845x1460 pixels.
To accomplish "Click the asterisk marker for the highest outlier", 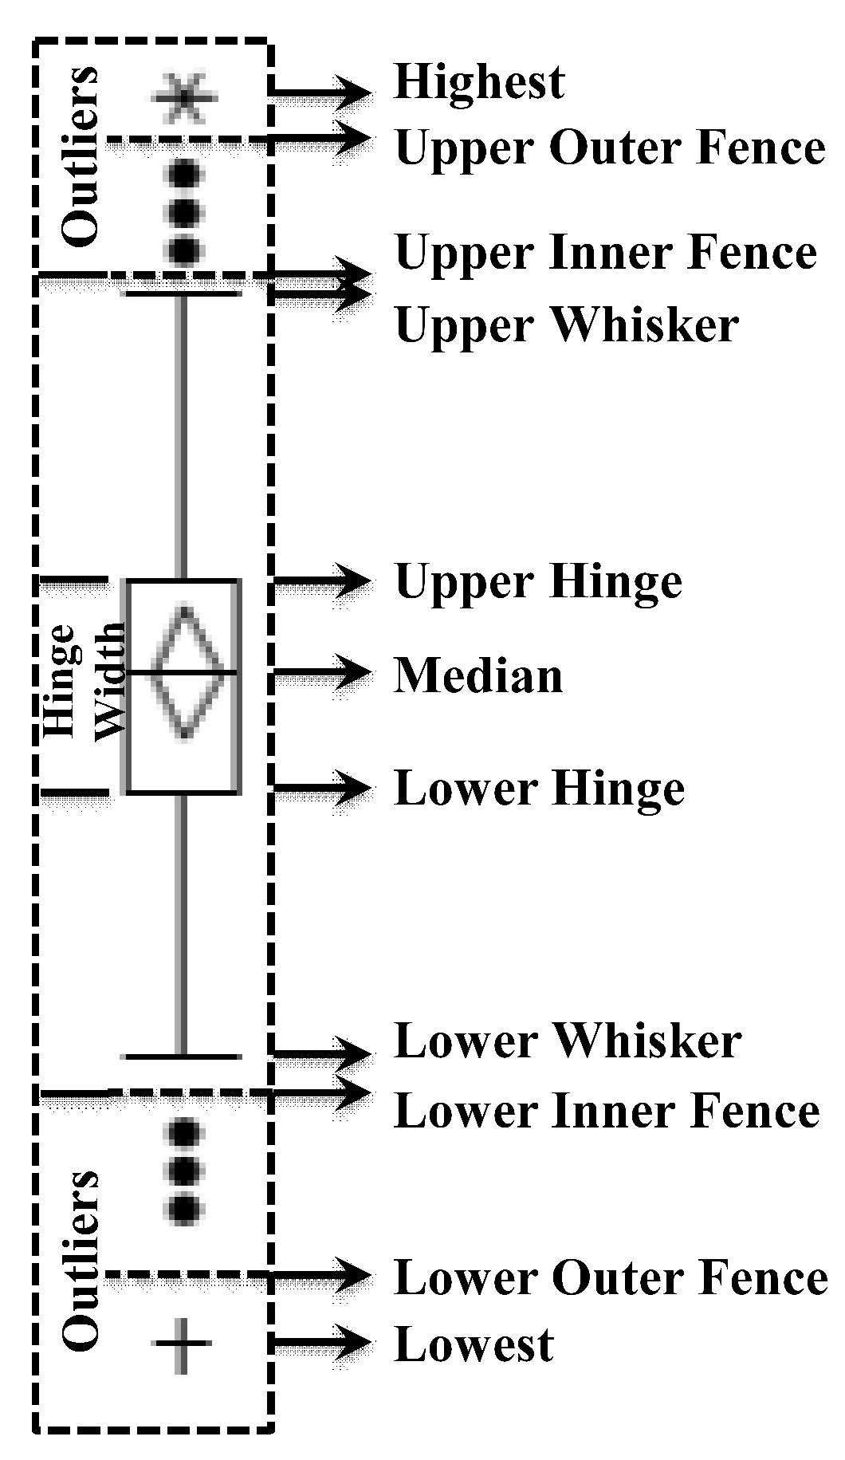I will tap(184, 98).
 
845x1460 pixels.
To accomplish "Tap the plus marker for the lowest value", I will tap(183, 1344).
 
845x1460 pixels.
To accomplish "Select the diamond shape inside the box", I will tap(185, 673).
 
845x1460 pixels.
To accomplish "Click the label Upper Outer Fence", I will tap(609, 148).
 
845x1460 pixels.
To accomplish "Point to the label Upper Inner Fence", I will tap(605, 254).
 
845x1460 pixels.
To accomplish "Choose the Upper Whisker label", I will tap(566, 326).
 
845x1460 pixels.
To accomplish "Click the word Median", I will tap(478, 676).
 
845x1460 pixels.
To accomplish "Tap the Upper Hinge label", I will tap(538, 583).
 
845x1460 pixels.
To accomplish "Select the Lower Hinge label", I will tap(539, 789).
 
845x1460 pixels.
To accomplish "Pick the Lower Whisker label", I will tap(568, 1042).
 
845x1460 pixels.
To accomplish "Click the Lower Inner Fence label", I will tap(606, 1112).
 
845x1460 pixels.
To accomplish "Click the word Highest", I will tap(479, 82).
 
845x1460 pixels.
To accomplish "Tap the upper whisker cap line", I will tap(181, 294).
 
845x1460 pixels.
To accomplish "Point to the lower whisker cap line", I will tap(182, 1057).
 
